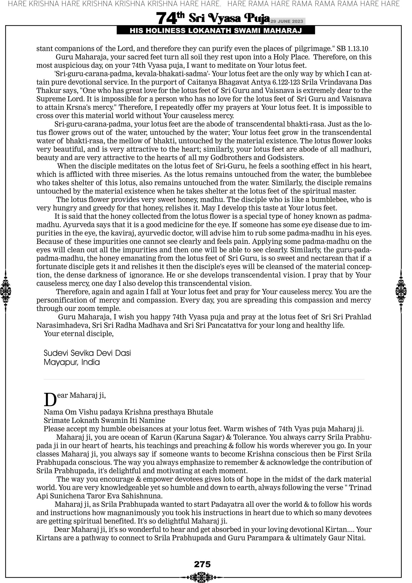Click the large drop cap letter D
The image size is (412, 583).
click(50, 400)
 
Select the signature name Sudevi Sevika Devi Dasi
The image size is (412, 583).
click(87, 353)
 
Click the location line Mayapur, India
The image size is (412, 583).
click(72, 362)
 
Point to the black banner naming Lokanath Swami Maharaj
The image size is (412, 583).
click(216, 31)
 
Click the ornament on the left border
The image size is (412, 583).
click(5, 291)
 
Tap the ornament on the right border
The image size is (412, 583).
click(401, 291)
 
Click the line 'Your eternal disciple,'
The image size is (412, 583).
click(79, 334)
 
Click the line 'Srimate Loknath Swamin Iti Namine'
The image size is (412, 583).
click(104, 420)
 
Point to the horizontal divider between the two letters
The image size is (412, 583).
click(204, 379)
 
